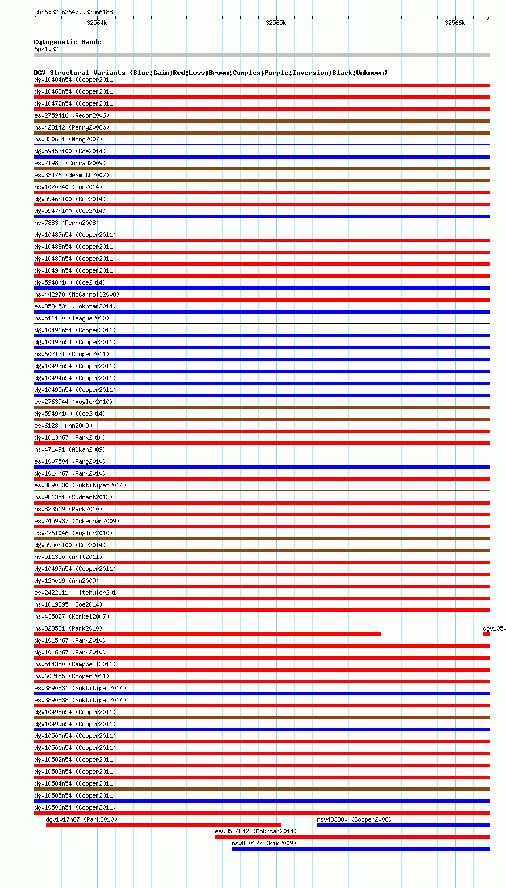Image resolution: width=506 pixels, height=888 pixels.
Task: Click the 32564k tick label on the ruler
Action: click(97, 23)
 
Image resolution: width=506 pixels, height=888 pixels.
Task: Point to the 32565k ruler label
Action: click(276, 23)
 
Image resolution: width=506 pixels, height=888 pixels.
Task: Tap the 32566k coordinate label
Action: click(455, 23)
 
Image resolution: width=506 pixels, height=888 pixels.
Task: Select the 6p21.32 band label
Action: click(46, 49)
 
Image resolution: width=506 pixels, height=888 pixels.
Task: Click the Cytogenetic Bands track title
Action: click(68, 42)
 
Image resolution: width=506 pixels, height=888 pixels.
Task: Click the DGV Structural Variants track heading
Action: click(210, 73)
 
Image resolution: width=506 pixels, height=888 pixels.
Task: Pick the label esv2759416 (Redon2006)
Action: click(72, 115)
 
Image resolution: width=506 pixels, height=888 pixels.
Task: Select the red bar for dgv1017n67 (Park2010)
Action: click(163, 825)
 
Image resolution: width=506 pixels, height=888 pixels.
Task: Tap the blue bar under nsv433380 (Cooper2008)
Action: click(403, 825)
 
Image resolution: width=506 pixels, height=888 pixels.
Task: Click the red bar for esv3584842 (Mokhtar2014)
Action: click(352, 837)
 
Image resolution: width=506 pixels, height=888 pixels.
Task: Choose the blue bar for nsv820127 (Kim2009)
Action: click(360, 849)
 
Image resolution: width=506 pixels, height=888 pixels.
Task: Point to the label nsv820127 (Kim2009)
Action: click(264, 843)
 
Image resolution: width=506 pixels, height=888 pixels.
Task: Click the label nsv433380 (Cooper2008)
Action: click(354, 819)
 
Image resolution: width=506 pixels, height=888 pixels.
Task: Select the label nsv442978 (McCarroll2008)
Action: click(77, 294)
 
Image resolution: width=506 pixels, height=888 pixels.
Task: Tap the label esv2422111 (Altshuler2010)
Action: click(78, 593)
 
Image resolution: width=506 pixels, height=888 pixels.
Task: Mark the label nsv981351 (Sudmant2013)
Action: click(73, 497)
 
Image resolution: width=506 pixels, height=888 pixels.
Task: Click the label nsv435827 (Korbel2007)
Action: click(72, 616)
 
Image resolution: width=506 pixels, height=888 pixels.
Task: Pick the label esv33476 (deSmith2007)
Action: click(72, 175)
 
